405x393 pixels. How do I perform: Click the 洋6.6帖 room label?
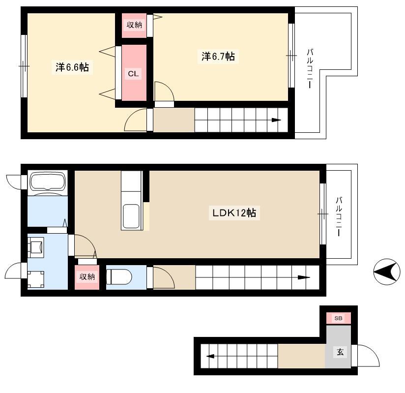72,67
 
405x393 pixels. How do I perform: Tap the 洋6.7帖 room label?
218,56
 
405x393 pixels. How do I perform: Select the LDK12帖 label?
234,213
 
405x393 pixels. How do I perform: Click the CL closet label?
133,74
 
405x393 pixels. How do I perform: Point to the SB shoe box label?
338,318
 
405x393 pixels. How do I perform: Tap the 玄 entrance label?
340,352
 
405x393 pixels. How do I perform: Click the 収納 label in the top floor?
134,25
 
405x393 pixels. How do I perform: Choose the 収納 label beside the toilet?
87,276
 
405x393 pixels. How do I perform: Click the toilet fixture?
119,277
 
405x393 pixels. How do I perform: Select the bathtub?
48,181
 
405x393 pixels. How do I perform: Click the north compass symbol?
387,272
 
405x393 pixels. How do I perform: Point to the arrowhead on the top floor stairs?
276,120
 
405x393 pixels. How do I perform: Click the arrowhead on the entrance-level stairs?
210,357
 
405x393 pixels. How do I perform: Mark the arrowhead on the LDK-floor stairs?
304,278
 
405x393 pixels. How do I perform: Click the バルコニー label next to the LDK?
339,217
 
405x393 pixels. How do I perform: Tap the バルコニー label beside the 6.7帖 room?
310,68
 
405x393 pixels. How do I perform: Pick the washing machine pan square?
36,279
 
